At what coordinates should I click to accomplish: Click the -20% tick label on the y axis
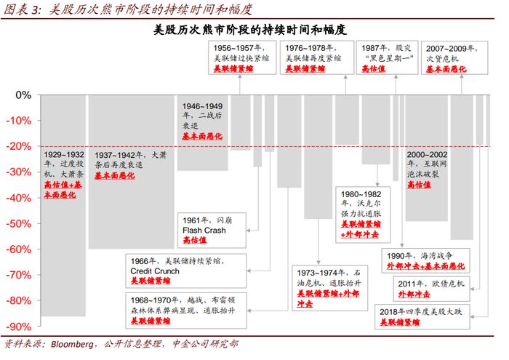point(19,146)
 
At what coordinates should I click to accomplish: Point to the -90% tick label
point(19,327)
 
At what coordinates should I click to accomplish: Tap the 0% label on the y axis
point(23,95)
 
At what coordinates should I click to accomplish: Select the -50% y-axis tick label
point(19,224)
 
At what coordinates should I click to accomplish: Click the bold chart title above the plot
point(250,30)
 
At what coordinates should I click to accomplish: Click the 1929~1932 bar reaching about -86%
point(63,205)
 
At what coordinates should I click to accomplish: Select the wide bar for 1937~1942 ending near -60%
point(132,172)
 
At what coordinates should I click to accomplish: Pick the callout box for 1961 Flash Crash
point(212,230)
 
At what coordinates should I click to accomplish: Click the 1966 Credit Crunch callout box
point(186,271)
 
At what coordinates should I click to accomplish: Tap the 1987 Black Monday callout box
point(387,57)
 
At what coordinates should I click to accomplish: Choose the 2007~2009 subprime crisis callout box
point(454,57)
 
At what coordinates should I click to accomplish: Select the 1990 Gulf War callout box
point(425,260)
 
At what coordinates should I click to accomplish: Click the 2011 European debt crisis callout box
point(431,289)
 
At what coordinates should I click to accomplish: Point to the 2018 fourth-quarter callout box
point(422,317)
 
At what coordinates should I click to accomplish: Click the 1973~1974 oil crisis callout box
point(330,288)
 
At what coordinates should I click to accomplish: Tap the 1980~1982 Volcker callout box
point(363,215)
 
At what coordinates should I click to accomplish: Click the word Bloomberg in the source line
point(72,344)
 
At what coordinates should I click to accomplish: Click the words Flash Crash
point(204,230)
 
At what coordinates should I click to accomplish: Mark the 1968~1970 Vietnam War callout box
point(186,311)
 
